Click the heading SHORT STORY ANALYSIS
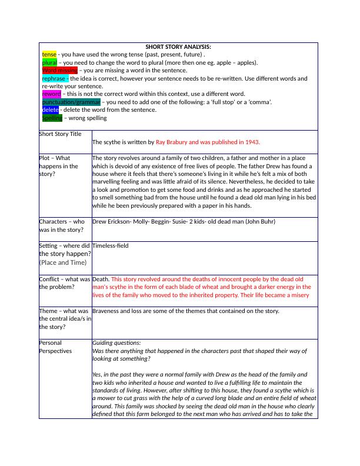(x=178, y=46)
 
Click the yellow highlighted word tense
(x=49, y=54)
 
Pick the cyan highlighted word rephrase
(x=55, y=78)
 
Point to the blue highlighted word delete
(x=50, y=109)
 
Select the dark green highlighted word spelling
(x=52, y=118)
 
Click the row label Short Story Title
(x=61, y=134)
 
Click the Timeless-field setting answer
(x=110, y=245)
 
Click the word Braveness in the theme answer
(x=108, y=311)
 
